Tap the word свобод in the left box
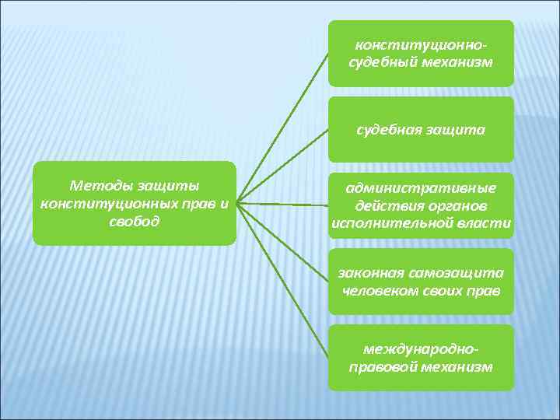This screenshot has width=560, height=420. click(135, 221)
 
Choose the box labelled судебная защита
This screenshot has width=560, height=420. click(421, 130)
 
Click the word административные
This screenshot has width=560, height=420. click(421, 189)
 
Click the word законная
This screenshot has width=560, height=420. click(369, 273)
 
